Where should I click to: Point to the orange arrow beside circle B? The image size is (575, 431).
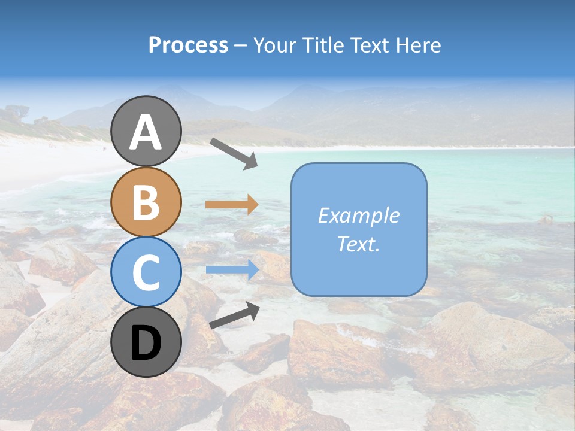pos(232,205)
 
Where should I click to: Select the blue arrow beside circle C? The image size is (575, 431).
pos(232,270)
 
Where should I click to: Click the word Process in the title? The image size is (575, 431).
pos(188,45)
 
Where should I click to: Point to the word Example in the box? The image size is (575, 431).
pos(359,215)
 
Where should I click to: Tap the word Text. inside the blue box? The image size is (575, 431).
pos(359,244)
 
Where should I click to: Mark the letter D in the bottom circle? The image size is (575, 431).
pos(146,344)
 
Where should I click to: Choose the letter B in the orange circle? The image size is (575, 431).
pos(146,202)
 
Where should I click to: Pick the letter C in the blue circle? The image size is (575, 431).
pos(146,272)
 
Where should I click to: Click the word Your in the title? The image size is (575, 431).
pos(275,45)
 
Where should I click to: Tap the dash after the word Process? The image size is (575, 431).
pos(241,46)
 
